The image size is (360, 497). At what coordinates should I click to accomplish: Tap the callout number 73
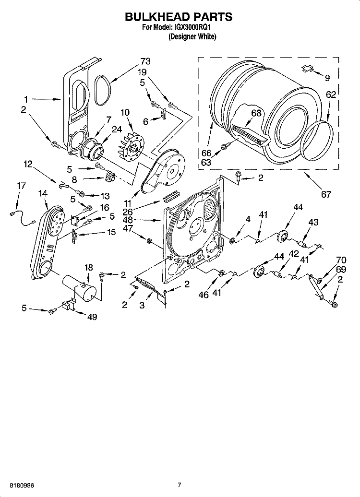tap(145, 61)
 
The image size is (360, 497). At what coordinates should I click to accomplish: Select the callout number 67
tap(326, 194)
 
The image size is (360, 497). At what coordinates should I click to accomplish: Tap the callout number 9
tap(327, 78)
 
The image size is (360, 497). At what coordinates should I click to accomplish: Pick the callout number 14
tap(43, 193)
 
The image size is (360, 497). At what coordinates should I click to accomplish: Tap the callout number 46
tap(204, 295)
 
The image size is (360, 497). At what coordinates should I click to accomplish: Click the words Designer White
tap(192, 37)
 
